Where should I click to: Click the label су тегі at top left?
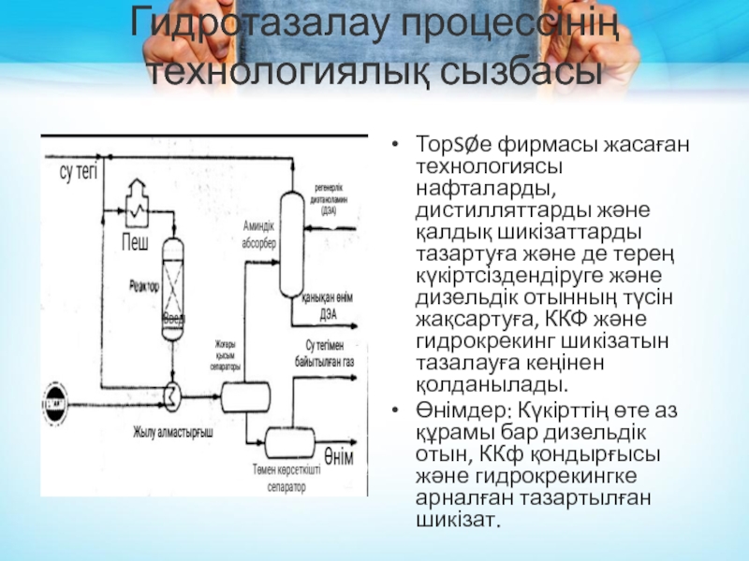tap(80, 170)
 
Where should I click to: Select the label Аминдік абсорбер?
tap(258, 234)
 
